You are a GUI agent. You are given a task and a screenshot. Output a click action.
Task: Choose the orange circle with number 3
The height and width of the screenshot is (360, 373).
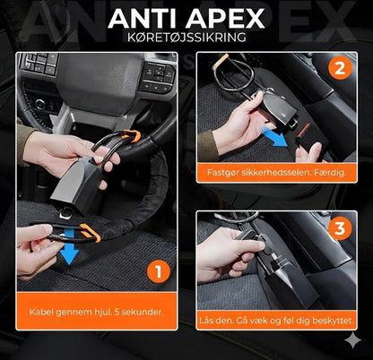340,228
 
